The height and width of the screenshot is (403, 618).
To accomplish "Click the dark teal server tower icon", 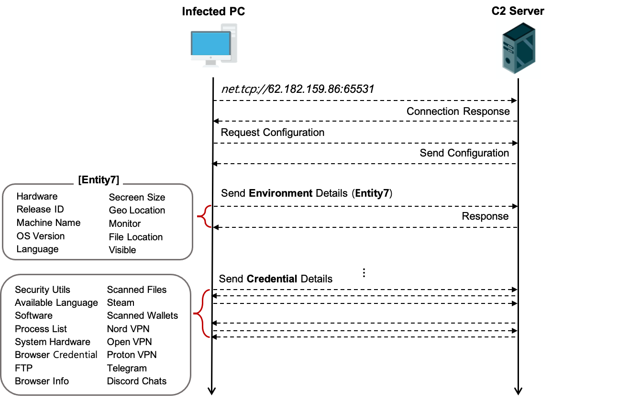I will point(518,49).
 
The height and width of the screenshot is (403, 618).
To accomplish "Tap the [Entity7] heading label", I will point(99,180).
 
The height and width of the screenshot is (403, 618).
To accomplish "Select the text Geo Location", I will point(137,210).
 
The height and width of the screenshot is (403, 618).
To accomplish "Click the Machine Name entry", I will point(48,223).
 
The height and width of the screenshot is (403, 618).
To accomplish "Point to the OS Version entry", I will point(41,236).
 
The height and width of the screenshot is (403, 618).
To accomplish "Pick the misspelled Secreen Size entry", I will point(137,197).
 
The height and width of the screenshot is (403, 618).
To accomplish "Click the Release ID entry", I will point(40,209).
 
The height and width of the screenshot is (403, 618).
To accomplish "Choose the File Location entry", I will point(136,237).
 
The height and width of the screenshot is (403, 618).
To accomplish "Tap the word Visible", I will point(122,250).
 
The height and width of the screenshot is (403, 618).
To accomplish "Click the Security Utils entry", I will point(43,290).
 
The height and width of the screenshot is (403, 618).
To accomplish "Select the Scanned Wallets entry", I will point(143,315).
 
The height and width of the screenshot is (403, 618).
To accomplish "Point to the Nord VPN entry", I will point(128,329).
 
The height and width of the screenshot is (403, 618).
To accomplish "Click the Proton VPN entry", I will point(132,355).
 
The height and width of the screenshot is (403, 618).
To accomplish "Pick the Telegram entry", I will point(127,368).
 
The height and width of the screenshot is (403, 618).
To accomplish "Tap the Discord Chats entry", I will point(137,381).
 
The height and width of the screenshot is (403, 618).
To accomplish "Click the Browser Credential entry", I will point(56,355).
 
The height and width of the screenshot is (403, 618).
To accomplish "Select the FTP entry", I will point(24,368).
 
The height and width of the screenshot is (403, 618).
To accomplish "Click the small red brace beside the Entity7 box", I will point(205,216).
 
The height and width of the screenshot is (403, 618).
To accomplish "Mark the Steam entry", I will point(121,302).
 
